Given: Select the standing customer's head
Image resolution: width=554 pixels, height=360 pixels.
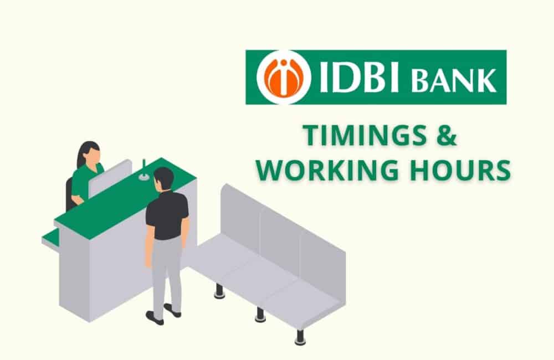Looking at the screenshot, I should coord(164,178).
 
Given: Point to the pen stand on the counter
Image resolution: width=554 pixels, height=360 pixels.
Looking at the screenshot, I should coord(143,171).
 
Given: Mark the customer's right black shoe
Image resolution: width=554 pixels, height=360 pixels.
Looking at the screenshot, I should coord(173,310).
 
